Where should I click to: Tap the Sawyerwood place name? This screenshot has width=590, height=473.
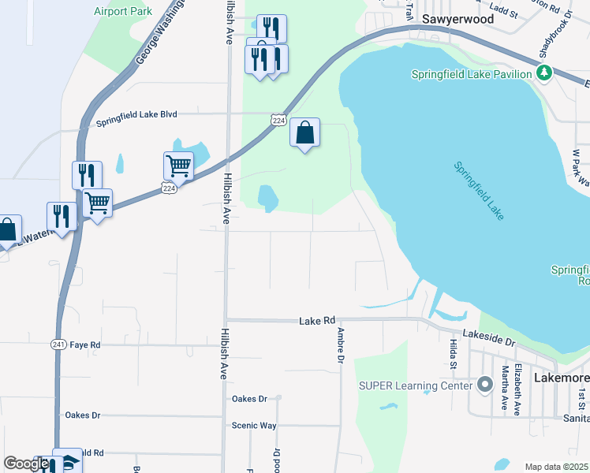point(457,19)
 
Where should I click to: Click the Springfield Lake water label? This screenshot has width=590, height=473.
point(480,192)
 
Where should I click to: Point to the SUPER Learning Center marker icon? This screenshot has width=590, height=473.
point(485,385)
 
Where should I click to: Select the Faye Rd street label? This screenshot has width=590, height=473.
point(85,345)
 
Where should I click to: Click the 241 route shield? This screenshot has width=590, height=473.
point(58,345)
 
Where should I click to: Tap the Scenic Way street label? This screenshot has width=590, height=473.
point(254,426)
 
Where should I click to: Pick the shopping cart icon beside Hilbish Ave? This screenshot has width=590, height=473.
point(178,166)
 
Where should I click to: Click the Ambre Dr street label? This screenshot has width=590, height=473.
point(341,345)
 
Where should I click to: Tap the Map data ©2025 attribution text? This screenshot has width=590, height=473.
point(556,467)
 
